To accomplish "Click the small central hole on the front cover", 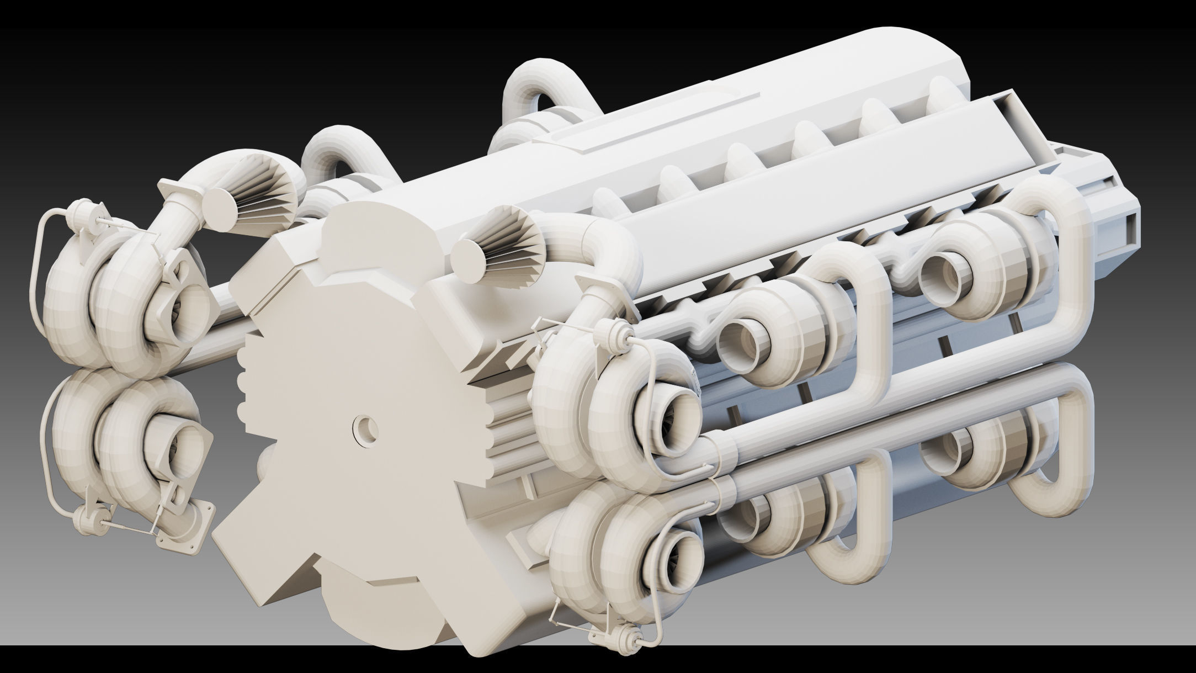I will click(365, 427).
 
